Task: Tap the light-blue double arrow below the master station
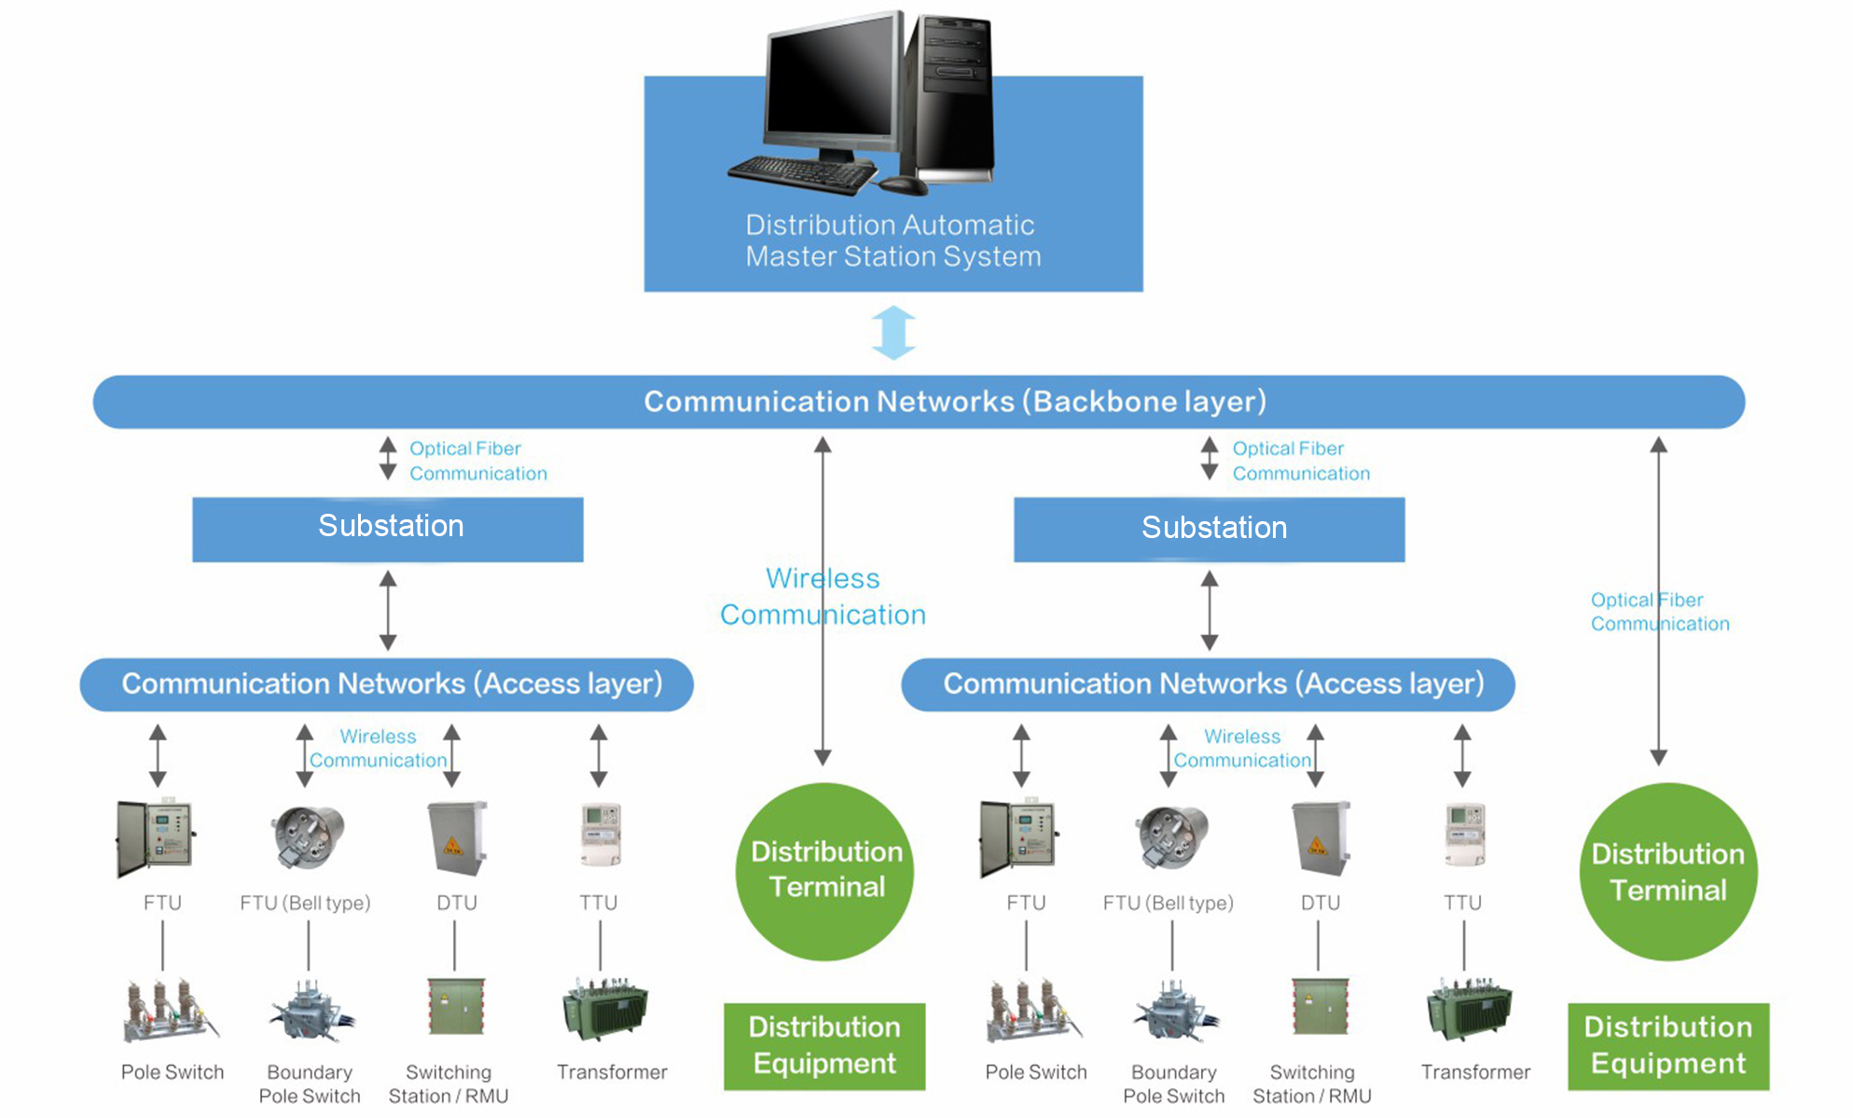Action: click(893, 333)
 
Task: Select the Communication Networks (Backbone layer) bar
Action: click(919, 402)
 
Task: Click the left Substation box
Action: click(388, 529)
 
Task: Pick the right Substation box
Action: click(1209, 529)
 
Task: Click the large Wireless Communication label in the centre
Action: click(823, 597)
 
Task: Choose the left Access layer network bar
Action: click(386, 684)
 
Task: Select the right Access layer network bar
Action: click(1208, 684)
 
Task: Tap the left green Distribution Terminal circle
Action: click(825, 871)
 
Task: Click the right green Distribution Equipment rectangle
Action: click(1667, 1046)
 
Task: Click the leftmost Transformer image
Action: click(605, 1009)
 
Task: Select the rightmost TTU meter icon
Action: click(1465, 834)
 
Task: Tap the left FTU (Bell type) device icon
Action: click(309, 836)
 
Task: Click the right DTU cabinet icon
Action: click(1321, 837)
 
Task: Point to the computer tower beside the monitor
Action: click(953, 98)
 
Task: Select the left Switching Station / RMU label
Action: click(449, 1083)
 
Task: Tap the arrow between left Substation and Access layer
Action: click(388, 611)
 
